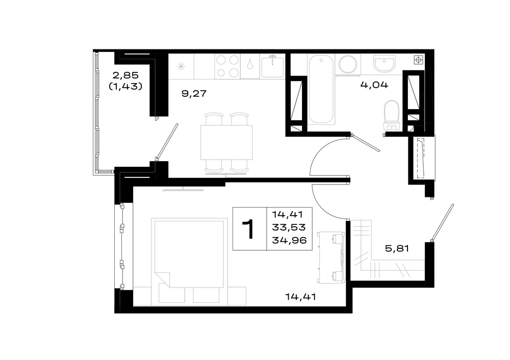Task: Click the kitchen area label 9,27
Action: (194, 94)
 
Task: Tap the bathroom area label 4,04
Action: (374, 85)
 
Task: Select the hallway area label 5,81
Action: (397, 249)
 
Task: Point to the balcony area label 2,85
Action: (125, 75)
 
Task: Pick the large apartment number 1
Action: (250, 229)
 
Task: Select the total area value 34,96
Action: (289, 240)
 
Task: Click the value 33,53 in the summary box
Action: (289, 227)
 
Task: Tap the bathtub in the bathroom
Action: (321, 89)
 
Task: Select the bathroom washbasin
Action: (384, 63)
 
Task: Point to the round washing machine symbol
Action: (348, 64)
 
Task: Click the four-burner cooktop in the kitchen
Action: (227, 66)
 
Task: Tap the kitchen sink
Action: (272, 67)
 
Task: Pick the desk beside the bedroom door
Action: (331, 257)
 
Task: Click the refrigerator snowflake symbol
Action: (181, 67)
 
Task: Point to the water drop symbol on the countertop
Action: (249, 64)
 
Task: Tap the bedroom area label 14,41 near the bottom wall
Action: (300, 297)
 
